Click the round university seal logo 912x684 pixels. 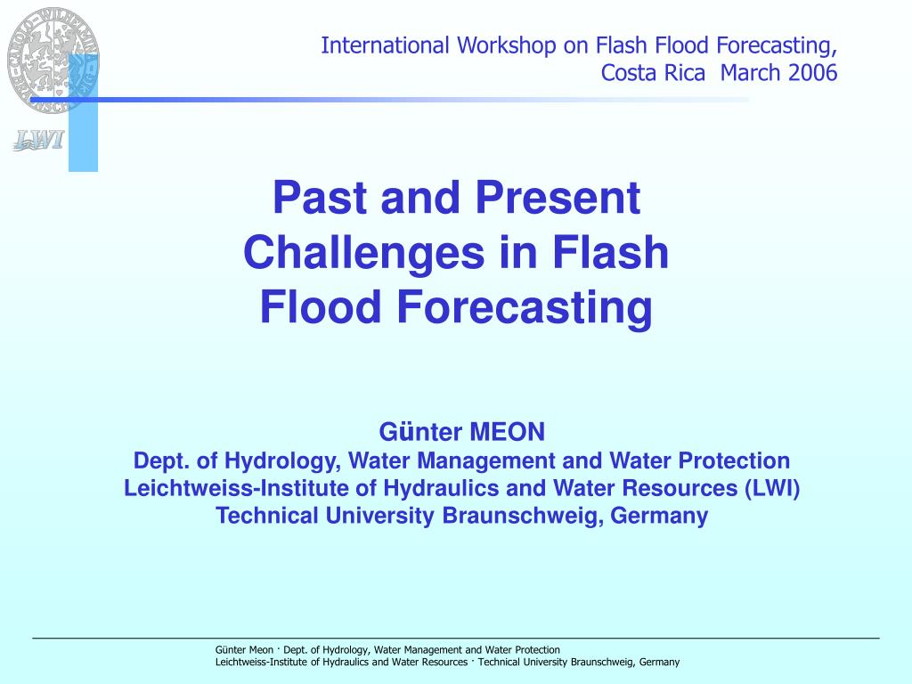pos(53,60)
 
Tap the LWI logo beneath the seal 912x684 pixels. pos(38,140)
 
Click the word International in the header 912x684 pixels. pos(385,45)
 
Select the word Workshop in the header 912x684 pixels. pos(506,45)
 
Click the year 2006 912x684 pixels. pos(812,73)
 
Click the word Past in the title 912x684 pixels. pos(322,198)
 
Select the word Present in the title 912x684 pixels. pos(558,198)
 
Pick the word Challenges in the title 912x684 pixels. pos(363,253)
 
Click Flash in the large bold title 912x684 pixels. pos(610,252)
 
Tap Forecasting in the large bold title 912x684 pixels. pos(524,308)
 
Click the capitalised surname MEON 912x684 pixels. pos(507,432)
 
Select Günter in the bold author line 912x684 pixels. pos(420,432)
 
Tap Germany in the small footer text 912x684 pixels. pos(659,662)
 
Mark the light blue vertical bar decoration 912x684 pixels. pos(83,112)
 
